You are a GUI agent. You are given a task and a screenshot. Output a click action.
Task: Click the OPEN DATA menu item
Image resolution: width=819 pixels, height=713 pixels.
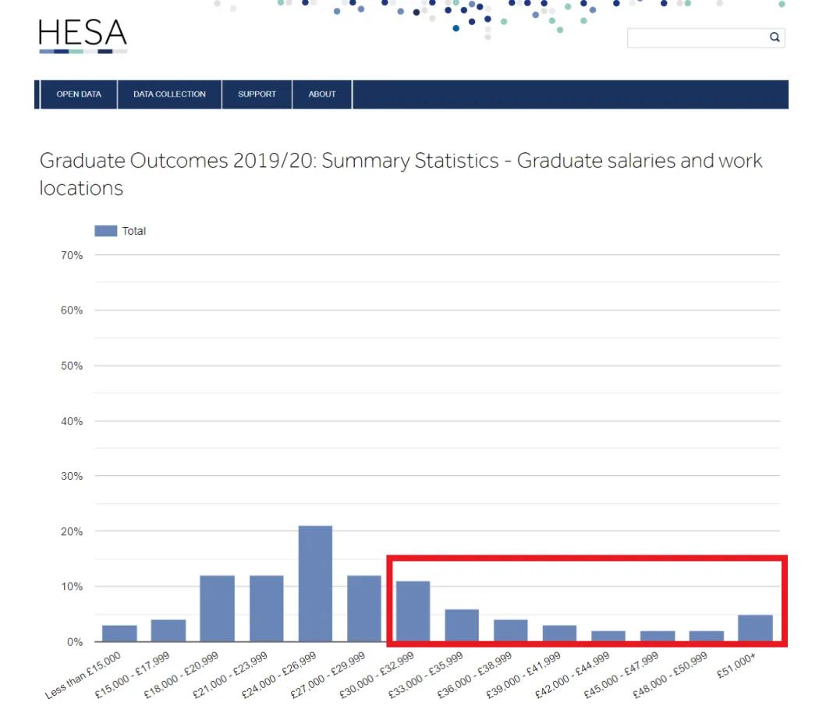(x=79, y=94)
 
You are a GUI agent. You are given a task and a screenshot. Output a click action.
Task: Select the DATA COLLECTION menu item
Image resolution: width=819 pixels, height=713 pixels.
(x=169, y=94)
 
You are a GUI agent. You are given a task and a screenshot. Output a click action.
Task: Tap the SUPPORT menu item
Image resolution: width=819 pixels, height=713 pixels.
(x=257, y=94)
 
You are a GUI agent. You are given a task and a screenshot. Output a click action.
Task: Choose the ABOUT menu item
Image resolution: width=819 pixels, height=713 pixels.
(x=322, y=94)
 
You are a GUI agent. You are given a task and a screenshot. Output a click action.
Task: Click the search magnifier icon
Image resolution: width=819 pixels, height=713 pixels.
(x=775, y=37)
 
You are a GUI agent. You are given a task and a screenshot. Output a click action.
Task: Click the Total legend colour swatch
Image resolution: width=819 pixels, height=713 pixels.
(x=105, y=231)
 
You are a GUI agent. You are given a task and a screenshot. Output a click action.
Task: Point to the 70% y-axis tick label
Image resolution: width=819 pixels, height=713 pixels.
(x=72, y=255)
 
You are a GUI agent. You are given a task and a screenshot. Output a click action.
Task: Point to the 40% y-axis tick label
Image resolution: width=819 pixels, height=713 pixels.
(x=72, y=421)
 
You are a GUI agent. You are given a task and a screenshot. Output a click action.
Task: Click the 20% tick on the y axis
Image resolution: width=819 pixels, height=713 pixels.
(x=72, y=531)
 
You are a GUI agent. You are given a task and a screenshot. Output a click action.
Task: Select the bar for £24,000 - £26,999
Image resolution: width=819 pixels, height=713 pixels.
(x=315, y=584)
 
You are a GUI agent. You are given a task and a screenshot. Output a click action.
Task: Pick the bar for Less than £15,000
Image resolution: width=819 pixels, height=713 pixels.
(x=119, y=633)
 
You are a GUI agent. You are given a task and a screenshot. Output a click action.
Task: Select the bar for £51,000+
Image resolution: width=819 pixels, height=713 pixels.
(x=755, y=628)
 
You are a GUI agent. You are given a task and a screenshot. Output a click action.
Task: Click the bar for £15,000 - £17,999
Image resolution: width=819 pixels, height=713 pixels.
(x=168, y=630)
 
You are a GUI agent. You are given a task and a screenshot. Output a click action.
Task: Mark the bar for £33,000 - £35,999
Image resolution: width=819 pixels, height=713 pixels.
(x=462, y=625)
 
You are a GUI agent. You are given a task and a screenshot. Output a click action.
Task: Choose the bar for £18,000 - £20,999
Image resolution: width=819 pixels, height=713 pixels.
(x=218, y=608)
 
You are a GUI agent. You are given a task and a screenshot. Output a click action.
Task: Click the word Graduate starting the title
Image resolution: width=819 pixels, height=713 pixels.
(x=82, y=161)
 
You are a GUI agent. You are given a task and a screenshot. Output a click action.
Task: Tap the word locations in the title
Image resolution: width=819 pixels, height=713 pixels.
(x=81, y=188)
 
